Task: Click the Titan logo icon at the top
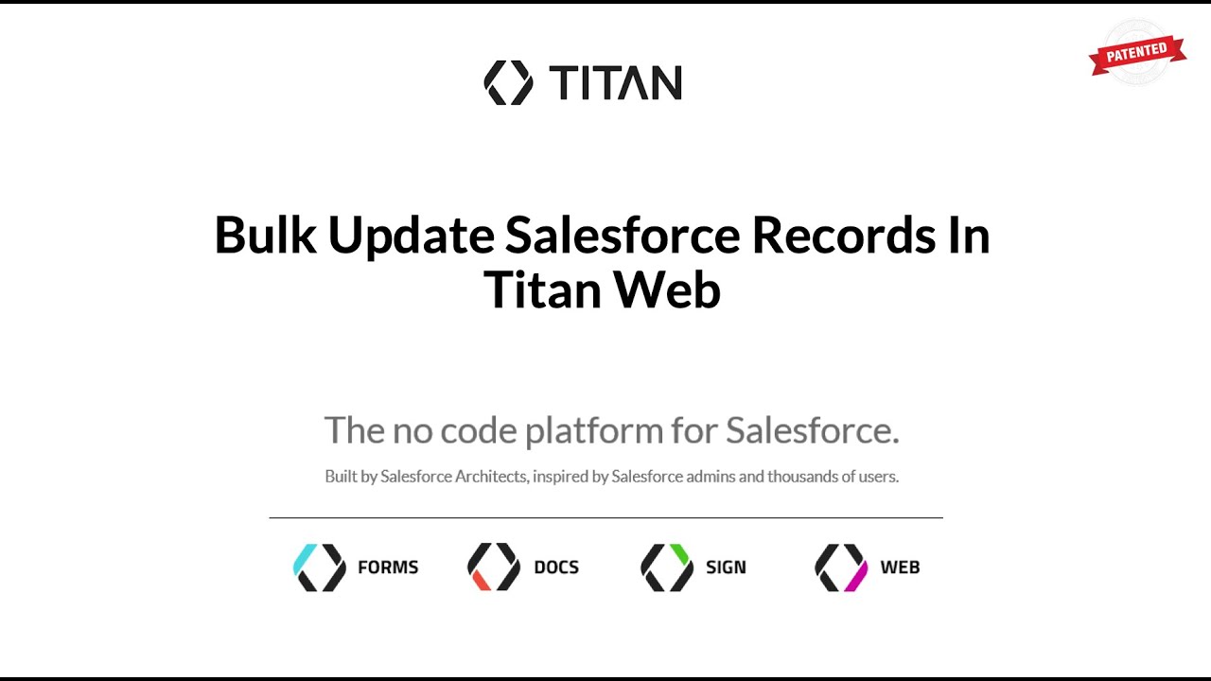coord(508,82)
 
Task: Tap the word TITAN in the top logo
coord(615,83)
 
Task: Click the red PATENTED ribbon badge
coord(1137,54)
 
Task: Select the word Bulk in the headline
coord(265,235)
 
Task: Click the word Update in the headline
coord(411,235)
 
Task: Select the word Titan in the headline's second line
coord(540,289)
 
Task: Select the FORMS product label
coord(388,567)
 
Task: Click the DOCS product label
coord(556,567)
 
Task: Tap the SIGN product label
coord(726,567)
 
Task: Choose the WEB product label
coord(900,567)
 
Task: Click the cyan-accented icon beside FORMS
coord(320,567)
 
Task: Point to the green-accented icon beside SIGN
coord(667,567)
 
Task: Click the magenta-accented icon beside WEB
coord(841,567)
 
